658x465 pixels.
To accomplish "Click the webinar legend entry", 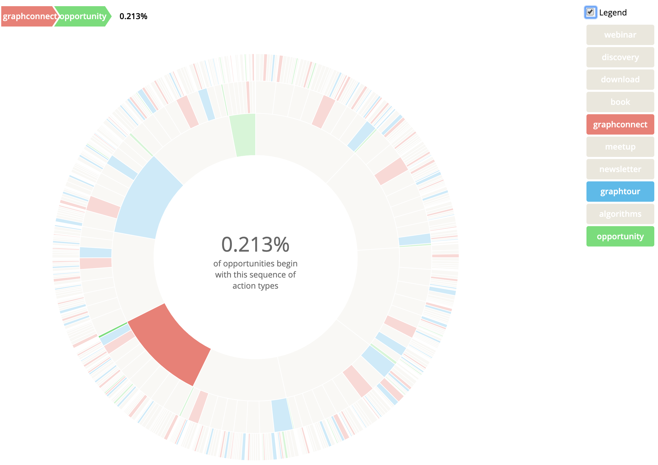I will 620,35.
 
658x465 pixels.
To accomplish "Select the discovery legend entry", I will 620,57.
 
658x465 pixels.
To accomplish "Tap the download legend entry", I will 620,80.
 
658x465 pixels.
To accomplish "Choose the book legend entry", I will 620,102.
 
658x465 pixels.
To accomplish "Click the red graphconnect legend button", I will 620,125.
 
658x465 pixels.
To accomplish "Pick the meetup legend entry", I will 620,147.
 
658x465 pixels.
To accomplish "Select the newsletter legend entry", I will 620,169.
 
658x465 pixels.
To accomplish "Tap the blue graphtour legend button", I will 620,191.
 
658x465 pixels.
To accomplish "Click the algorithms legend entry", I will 620,214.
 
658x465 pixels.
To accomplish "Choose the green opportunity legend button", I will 620,237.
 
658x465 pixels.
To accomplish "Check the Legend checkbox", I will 590,12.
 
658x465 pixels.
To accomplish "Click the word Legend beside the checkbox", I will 613,13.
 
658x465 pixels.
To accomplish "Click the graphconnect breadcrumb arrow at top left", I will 28,16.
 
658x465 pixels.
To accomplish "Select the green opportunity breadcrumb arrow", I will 82,16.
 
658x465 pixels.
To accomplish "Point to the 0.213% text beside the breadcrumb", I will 133,16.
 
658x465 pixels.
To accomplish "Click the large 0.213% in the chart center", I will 255,245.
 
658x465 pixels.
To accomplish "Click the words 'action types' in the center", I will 255,286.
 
